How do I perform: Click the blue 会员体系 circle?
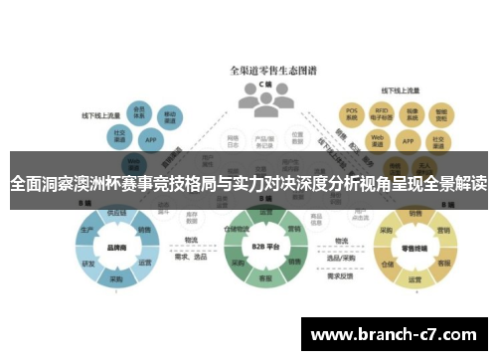(x=140, y=111)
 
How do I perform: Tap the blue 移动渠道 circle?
(x=170, y=115)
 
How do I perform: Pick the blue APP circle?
(x=150, y=139)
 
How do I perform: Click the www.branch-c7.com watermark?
(x=397, y=331)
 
